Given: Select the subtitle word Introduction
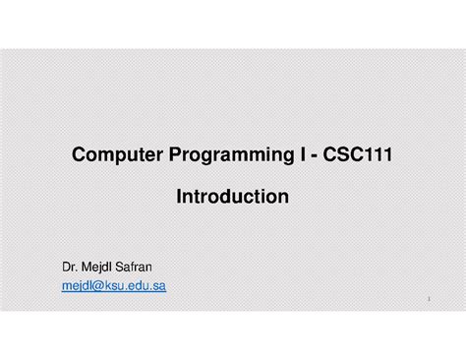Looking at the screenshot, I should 232,198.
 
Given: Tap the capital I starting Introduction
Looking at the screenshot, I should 179,198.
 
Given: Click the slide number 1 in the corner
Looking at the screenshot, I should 430,298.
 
